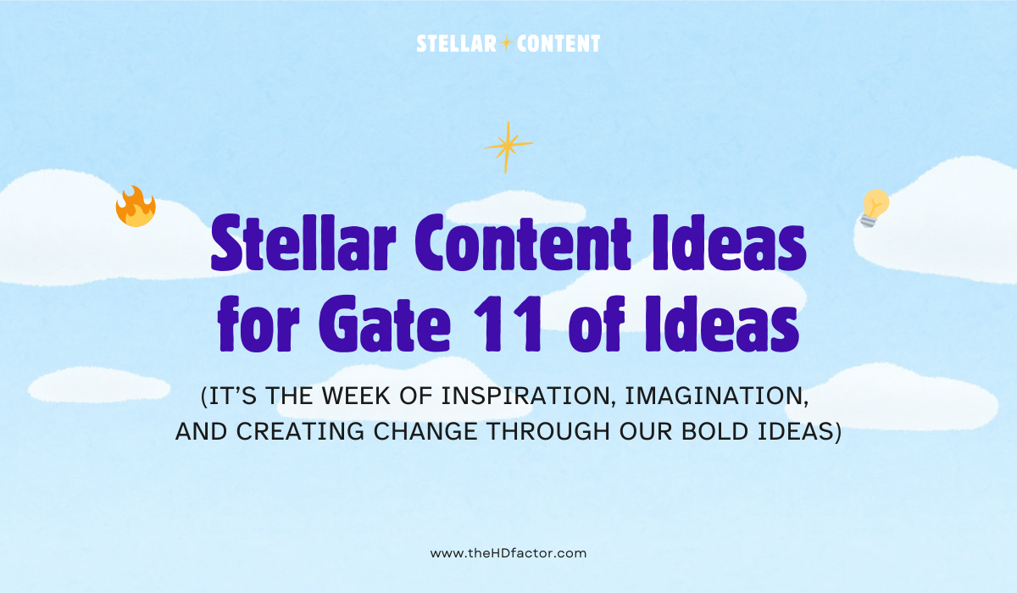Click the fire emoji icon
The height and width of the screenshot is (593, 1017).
[x=136, y=207]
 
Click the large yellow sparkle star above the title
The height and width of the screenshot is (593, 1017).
[x=507, y=147]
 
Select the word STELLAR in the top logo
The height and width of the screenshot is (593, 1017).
[x=456, y=43]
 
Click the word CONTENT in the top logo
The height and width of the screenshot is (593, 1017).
[x=558, y=43]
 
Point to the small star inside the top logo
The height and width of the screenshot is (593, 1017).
[x=507, y=44]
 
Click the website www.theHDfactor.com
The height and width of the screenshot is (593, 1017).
[x=508, y=553]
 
